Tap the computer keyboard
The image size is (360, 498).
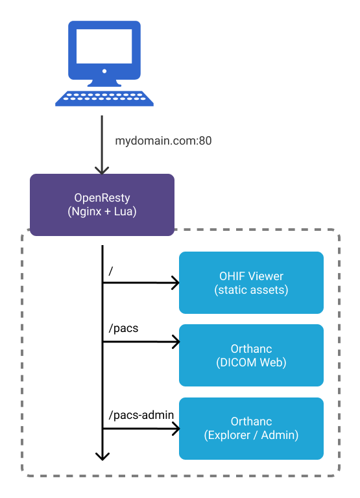coord(104,98)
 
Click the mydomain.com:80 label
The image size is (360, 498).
coord(163,140)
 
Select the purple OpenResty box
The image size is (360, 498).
coord(102,204)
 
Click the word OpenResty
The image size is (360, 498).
coord(102,198)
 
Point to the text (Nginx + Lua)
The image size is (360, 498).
coord(102,211)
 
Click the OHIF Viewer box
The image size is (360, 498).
coord(251,283)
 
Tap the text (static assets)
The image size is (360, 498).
coord(251,290)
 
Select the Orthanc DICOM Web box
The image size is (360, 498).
coord(251,355)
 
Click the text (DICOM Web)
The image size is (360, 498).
coord(251,362)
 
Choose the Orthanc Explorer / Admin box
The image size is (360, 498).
coord(251,429)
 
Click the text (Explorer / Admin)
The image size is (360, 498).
coord(251,436)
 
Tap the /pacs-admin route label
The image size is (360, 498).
coord(138,413)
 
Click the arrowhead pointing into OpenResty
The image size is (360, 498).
coord(102,170)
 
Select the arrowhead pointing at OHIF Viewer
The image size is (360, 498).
coord(174,283)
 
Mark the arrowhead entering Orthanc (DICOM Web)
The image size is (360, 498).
coord(174,341)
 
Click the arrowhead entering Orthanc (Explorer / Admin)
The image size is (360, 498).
coord(174,428)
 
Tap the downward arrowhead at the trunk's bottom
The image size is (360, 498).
coord(102,456)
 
